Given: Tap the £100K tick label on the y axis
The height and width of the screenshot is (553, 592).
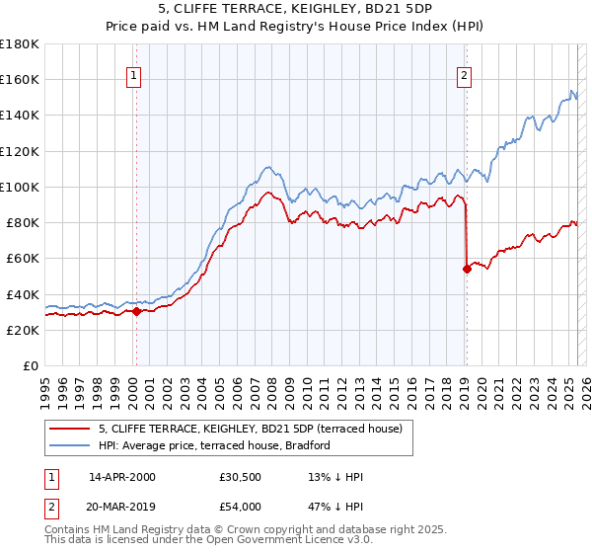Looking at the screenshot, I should [x=20, y=187].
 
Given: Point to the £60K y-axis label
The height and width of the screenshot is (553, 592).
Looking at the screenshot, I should [x=23, y=258].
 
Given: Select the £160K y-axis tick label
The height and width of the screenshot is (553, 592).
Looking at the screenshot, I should [x=20, y=79].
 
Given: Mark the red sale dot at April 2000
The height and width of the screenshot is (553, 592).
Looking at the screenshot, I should [x=136, y=311].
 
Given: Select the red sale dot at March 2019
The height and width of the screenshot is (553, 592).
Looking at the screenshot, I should [x=467, y=269].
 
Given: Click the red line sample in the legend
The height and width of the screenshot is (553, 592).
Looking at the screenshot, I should [x=70, y=430].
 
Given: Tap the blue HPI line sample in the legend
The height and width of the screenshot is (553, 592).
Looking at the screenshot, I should [x=70, y=446].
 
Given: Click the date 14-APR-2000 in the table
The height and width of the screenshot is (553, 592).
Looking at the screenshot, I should [x=122, y=478].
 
